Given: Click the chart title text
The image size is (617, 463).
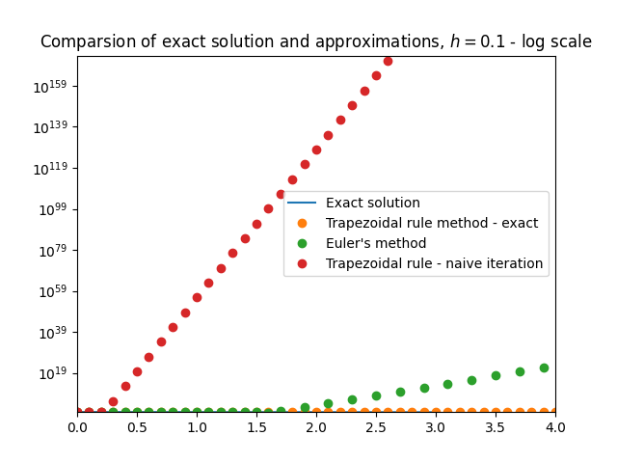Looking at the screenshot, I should coord(315,42).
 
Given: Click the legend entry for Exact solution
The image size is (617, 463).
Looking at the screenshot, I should coord(372,204).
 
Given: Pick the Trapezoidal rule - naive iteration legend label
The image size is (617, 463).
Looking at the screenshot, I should coord(434,263).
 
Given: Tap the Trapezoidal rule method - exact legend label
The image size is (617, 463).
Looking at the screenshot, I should coord(432,223).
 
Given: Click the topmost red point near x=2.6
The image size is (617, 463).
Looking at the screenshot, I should coord(388,61).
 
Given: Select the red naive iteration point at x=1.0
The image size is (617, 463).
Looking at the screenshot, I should coord(197,297).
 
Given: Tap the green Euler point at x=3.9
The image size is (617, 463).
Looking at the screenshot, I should coord(544,368).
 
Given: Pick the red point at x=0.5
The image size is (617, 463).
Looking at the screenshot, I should coord(137,371).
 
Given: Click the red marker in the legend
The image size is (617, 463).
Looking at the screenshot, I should coord(302,263).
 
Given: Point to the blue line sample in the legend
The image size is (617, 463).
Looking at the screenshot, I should coord(302,204).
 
